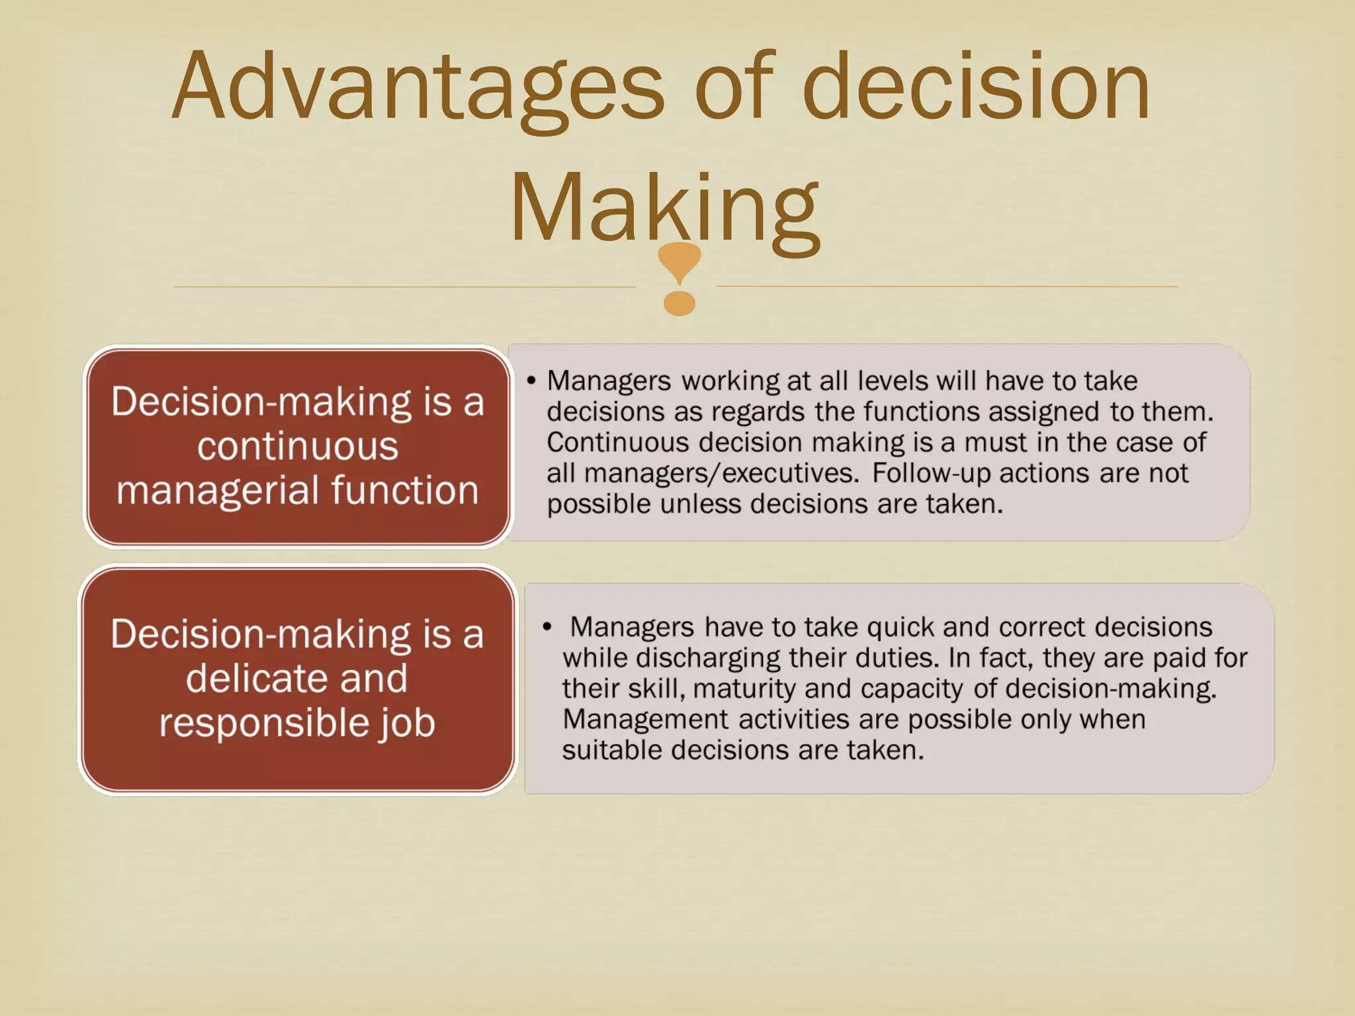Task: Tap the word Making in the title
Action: (x=664, y=208)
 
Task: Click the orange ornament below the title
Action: (x=679, y=278)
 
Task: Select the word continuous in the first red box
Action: (x=298, y=446)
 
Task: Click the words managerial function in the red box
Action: (x=298, y=490)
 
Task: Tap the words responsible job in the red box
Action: (x=297, y=722)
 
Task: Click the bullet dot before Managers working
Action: (x=531, y=382)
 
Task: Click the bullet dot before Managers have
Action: (x=547, y=627)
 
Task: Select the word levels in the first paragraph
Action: (x=889, y=381)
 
